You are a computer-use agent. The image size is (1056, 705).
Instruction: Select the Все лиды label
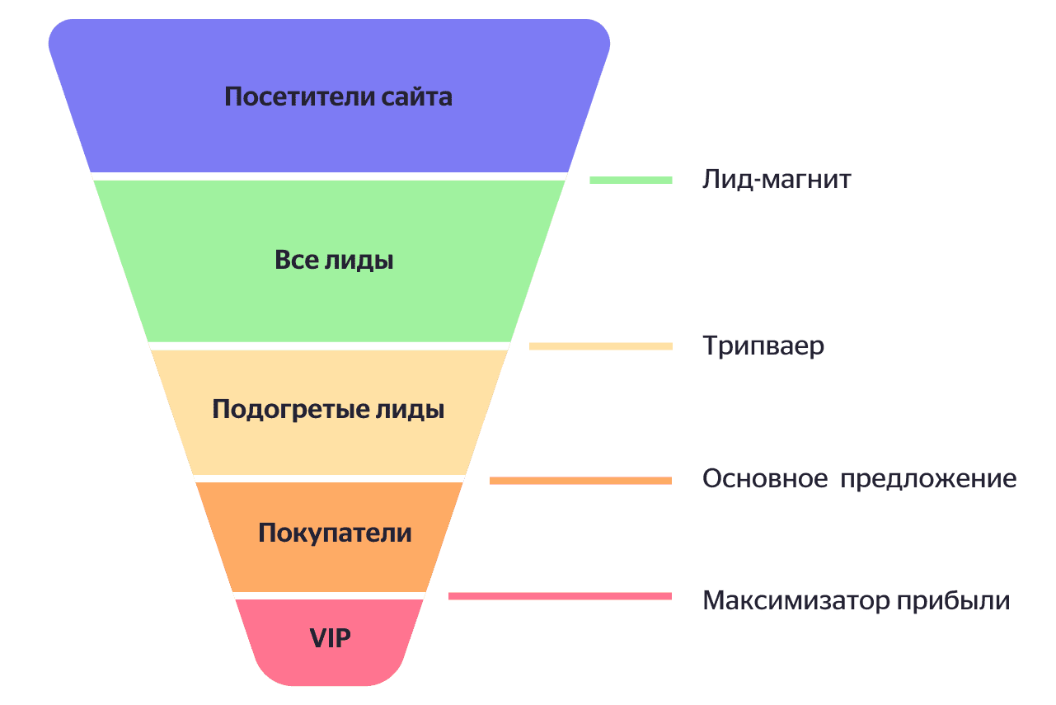click(x=334, y=261)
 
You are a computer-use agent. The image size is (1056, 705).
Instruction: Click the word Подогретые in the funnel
click(x=290, y=410)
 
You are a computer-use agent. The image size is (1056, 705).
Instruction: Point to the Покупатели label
click(x=335, y=533)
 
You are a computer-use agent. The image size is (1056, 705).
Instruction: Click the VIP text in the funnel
click(x=330, y=637)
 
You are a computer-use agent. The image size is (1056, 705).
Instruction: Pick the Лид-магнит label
click(x=777, y=180)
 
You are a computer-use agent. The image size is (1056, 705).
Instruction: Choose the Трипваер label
click(x=763, y=345)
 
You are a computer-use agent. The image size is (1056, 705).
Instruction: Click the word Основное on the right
click(x=765, y=479)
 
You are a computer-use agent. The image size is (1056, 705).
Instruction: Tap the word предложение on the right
click(x=929, y=479)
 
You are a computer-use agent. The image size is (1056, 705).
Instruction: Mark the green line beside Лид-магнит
click(x=631, y=180)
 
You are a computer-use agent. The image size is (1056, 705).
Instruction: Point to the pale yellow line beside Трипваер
click(x=600, y=346)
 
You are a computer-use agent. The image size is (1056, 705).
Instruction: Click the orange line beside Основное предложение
click(x=580, y=480)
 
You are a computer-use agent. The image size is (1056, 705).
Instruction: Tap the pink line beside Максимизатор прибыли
click(x=560, y=595)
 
